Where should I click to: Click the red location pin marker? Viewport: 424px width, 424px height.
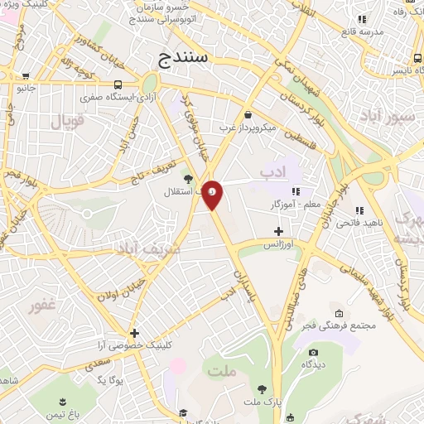(213, 194)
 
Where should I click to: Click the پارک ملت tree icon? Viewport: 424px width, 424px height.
(263, 388)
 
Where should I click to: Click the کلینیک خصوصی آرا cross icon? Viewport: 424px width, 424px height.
(134, 333)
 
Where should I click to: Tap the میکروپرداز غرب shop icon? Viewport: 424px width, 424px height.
(248, 114)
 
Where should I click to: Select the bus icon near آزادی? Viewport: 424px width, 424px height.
(119, 84)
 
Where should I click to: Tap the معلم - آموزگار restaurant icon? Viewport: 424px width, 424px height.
(296, 191)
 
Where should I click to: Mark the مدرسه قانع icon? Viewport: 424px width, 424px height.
(361, 18)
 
